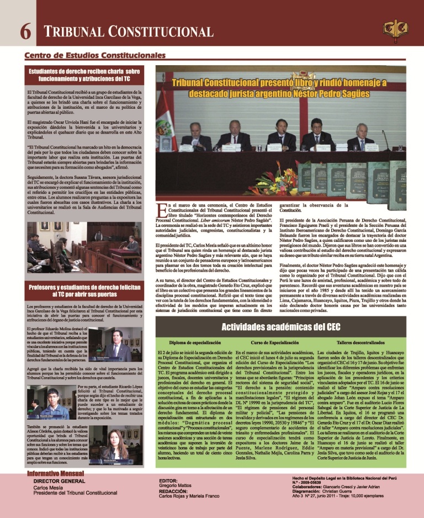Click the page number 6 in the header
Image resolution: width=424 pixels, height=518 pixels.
(25, 31)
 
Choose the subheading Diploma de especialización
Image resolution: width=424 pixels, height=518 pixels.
(192, 343)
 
